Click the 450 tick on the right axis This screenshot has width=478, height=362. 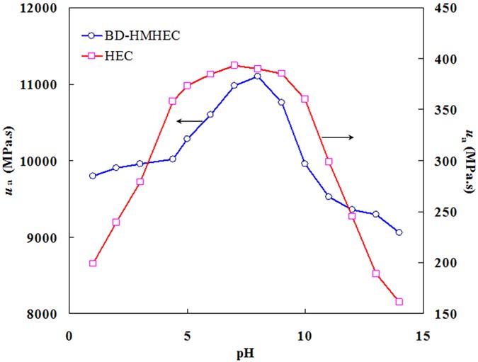(443, 9)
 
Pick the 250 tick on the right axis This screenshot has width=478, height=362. (443, 212)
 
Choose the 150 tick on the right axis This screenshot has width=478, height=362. (443, 314)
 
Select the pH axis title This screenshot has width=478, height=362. (246, 351)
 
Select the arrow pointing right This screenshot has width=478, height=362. (337, 136)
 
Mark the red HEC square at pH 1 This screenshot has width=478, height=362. (93, 264)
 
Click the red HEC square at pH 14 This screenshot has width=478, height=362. (399, 302)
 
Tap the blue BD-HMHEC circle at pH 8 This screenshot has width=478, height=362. (258, 76)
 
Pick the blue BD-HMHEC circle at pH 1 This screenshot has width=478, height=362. (93, 176)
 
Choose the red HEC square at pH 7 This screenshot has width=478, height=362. (234, 65)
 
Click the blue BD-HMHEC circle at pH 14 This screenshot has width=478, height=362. (399, 232)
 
